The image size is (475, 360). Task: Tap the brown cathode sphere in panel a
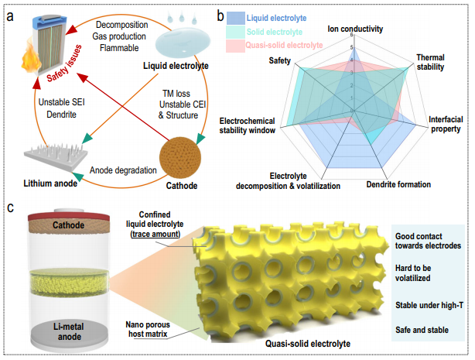pos(180,157)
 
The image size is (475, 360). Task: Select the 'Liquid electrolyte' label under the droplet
pos(176,66)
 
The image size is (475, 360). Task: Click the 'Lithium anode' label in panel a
pos(50,183)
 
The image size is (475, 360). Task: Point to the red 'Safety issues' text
pos(64,63)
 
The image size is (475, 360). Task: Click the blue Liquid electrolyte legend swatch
pos(236,18)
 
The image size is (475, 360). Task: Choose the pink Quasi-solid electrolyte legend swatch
pos(236,46)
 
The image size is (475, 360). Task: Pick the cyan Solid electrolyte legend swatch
pos(236,32)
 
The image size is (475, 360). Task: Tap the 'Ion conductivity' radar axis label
pos(355,29)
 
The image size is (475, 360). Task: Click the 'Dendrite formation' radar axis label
pos(398,184)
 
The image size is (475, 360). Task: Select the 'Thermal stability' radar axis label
pos(430,62)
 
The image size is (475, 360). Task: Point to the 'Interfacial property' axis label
pos(446,124)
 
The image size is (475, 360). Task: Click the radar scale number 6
pos(351,35)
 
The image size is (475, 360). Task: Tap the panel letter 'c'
pos(10,208)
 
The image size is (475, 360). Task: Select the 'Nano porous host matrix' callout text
pos(148,329)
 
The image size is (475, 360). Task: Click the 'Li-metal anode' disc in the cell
pos(70,333)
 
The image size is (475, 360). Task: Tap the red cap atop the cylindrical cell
pos(69,216)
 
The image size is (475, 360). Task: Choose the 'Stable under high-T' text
pos(429,305)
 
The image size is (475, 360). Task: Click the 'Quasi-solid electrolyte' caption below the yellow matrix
pos(308,344)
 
